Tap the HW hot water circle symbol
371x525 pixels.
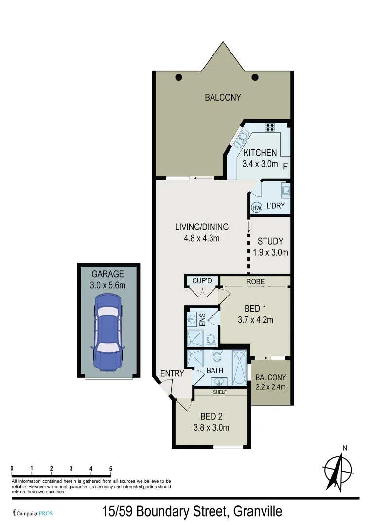tap(257, 208)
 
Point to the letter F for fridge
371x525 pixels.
tap(285, 166)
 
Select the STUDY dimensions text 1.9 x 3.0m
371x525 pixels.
tap(271, 252)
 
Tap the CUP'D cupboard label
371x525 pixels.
tap(201, 281)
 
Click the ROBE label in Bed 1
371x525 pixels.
tap(255, 281)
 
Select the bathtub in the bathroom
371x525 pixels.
tap(240, 367)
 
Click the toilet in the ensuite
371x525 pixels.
tap(211, 339)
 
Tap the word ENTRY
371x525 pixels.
tap(172, 373)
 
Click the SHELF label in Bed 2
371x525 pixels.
tap(220, 391)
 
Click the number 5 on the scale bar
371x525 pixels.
tap(111, 469)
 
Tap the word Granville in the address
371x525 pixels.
tap(257, 511)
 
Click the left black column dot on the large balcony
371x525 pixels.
tap(178, 77)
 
